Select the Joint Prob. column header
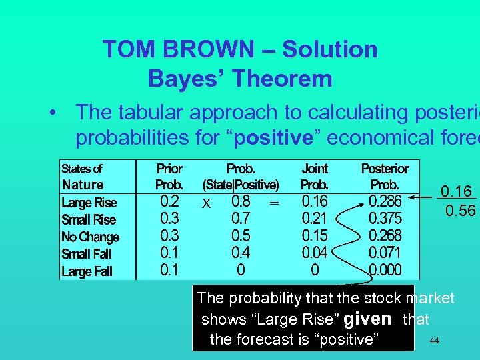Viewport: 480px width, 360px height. point(315,177)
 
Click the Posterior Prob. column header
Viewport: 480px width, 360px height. point(385,177)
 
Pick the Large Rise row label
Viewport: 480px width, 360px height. point(89,203)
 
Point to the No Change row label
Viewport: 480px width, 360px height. point(90,237)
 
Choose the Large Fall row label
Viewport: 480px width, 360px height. point(87,271)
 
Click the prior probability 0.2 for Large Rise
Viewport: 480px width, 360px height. point(169,201)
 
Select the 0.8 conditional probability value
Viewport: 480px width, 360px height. point(241,201)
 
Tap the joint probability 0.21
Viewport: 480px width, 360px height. point(315,219)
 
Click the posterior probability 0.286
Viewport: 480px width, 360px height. point(385,201)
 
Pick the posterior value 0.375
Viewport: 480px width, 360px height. point(385,219)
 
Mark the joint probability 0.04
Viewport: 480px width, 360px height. point(315,253)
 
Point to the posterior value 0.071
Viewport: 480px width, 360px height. point(385,253)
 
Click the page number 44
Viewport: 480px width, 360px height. point(434,341)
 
